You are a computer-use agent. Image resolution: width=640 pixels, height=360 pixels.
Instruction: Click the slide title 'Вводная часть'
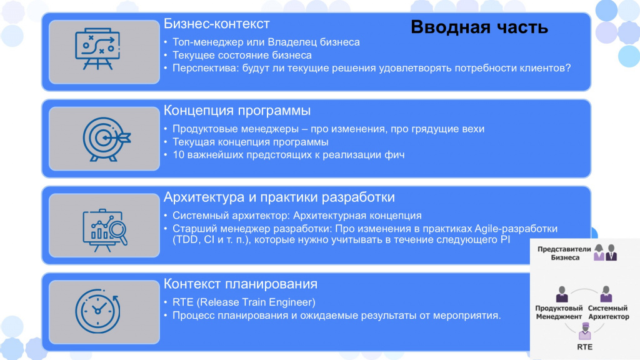(479, 27)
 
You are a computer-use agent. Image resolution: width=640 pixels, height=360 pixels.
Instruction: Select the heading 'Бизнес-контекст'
(217, 24)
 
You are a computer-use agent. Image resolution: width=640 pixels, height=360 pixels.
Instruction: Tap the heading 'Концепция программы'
(237, 111)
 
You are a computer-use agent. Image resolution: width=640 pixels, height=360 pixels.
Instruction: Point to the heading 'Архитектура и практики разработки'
(279, 197)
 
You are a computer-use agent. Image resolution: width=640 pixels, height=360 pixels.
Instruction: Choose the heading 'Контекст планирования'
(241, 284)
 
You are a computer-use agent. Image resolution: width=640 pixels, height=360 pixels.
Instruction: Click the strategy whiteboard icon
(97, 49)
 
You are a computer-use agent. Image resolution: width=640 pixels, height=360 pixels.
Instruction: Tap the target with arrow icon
(106, 139)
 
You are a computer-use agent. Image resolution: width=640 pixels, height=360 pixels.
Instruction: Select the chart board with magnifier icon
(105, 230)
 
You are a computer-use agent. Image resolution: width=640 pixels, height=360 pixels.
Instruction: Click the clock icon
(97, 311)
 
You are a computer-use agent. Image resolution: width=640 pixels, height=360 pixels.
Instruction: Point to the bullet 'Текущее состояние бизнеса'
(242, 55)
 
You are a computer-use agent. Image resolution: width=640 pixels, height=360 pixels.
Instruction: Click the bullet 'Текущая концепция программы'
(250, 142)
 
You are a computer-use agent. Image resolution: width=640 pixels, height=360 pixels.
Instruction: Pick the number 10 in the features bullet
(179, 155)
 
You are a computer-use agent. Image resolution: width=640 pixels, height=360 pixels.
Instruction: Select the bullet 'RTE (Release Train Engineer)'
(244, 302)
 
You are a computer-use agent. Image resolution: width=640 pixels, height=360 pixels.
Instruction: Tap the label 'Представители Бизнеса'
(564, 253)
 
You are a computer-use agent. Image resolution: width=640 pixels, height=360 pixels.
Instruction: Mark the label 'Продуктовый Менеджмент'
(559, 312)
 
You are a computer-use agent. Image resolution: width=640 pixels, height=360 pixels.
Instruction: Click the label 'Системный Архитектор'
(608, 312)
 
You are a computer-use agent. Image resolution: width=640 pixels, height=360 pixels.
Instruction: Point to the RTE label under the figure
(584, 347)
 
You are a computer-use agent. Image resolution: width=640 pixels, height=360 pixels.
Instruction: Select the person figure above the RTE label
(585, 331)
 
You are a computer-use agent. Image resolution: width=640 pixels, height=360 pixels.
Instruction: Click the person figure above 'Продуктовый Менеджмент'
(562, 294)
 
